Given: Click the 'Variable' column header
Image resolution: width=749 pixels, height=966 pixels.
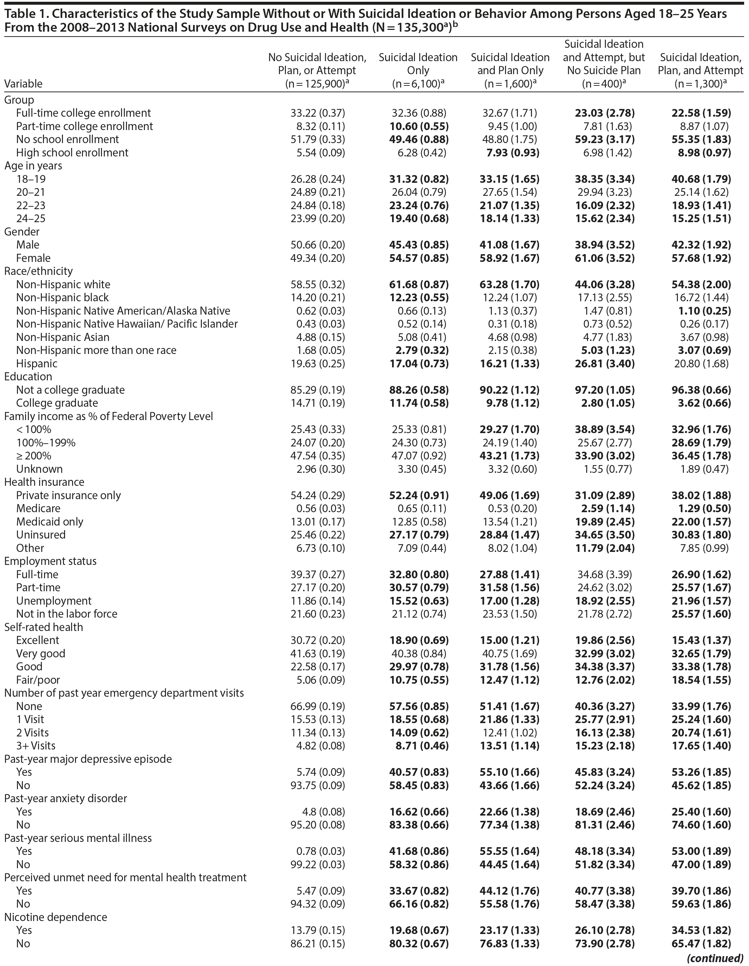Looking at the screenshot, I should pyautogui.click(x=23, y=84).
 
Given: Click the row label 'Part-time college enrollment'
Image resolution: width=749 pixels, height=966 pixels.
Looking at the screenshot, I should pyautogui.click(x=84, y=126).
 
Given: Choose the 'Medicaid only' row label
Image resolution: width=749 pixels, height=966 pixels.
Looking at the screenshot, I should pyautogui.click(x=50, y=521).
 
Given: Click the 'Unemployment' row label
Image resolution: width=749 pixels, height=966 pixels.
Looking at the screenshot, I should pyautogui.click(x=53, y=601).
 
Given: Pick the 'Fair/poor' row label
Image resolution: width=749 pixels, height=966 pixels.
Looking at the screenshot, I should pyautogui.click(x=38, y=680).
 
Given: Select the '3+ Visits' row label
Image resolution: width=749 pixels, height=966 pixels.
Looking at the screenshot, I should pyautogui.click(x=36, y=746).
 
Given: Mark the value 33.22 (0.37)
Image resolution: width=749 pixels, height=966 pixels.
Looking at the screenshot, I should pyautogui.click(x=317, y=113).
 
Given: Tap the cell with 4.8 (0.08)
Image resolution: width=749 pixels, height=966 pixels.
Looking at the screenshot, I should pyautogui.click(x=320, y=812).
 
